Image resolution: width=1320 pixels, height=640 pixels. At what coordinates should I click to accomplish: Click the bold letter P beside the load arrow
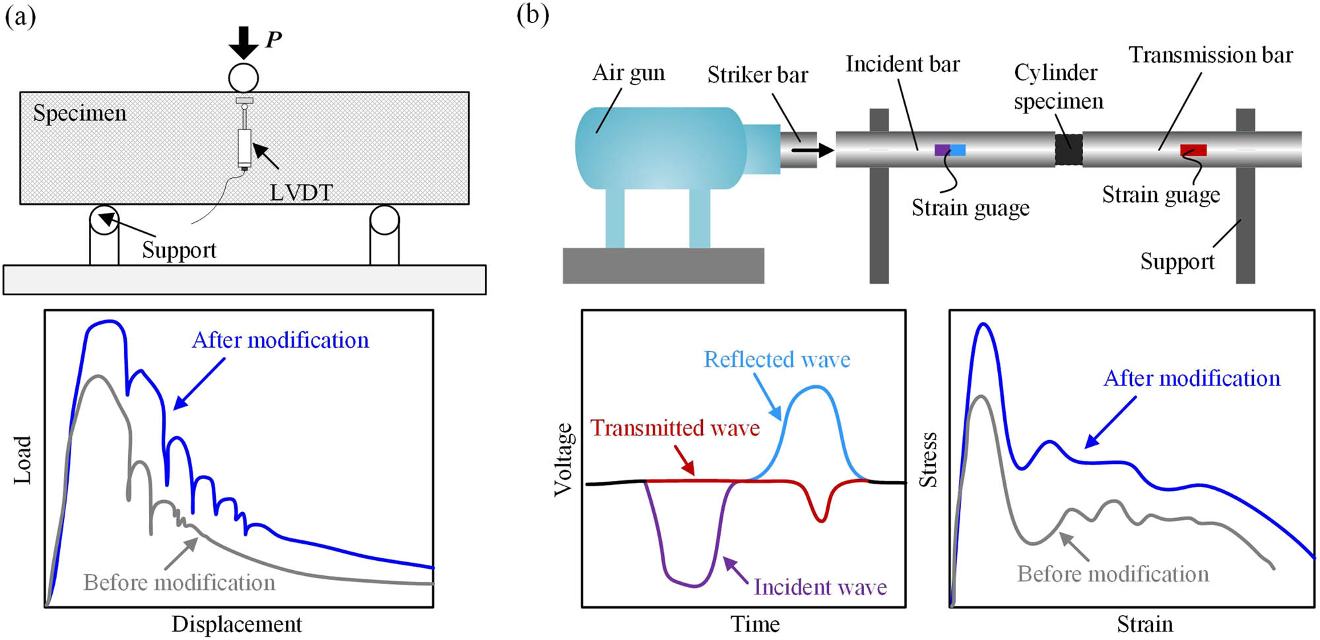point(273,40)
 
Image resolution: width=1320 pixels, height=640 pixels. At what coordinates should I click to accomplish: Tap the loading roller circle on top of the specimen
point(244,78)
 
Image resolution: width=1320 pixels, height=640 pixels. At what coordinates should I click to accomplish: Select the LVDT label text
point(301,192)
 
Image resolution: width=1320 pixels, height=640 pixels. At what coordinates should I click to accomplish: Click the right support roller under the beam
point(384,220)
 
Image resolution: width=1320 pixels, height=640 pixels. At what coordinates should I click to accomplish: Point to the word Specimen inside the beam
point(80,113)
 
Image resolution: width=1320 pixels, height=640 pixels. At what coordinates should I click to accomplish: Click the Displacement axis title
point(236,624)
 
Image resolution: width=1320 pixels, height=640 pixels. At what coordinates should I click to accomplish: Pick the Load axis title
point(22,460)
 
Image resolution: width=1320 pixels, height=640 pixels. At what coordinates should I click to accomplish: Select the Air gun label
point(628,73)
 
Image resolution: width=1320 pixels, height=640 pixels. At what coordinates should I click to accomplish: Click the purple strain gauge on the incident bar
point(942,150)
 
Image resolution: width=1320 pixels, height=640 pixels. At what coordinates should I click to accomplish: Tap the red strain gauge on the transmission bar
point(1193,150)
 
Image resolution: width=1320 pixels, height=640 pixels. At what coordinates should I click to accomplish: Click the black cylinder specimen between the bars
point(1069,149)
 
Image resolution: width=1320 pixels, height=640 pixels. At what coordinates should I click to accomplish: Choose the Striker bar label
point(758,75)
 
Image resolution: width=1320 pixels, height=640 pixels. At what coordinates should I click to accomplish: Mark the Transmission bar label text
point(1210,55)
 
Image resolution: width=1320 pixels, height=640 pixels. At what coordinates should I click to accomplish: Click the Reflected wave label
point(777,360)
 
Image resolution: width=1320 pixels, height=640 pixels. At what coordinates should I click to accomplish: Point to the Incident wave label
point(820,587)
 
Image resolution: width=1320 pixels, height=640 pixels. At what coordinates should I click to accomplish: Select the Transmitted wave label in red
point(675,428)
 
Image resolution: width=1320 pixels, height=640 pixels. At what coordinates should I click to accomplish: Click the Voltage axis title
point(563,460)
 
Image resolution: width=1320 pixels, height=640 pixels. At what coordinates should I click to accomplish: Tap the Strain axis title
point(1144,624)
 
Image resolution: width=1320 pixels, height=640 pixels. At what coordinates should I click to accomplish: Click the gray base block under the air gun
point(663,266)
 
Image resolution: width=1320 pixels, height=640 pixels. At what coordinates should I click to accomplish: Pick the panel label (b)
point(533,15)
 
